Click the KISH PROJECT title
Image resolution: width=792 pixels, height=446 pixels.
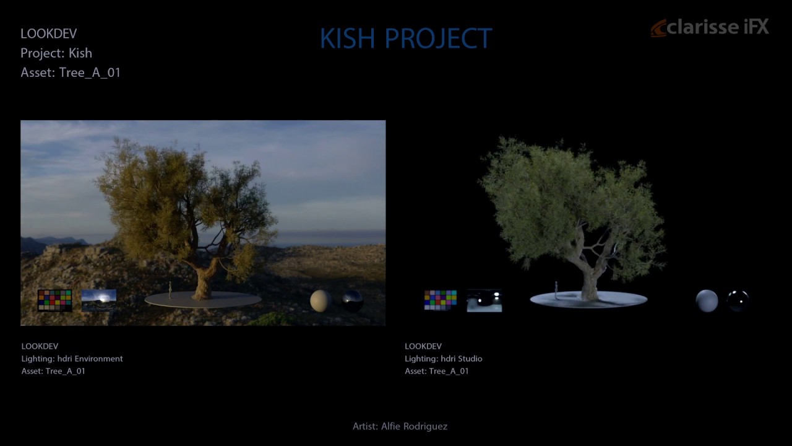click(405, 38)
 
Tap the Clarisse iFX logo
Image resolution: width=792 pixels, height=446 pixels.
click(710, 28)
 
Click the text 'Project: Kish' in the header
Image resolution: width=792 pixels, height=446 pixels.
click(56, 53)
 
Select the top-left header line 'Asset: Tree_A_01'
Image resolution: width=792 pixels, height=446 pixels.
click(71, 72)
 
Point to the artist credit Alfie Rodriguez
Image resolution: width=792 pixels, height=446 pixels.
click(400, 426)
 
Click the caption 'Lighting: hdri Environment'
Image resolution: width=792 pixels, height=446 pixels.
click(72, 359)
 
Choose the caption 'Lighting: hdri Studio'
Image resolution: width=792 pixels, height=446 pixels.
click(443, 359)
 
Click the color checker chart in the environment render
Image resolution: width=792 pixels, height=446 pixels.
click(54, 300)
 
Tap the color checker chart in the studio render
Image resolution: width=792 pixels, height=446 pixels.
click(440, 300)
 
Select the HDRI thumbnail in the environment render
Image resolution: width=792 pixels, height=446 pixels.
click(98, 300)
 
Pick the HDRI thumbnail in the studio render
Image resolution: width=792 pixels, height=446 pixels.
click(484, 300)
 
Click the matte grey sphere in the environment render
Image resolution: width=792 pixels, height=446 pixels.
click(320, 300)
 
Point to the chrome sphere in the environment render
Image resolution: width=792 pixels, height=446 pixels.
click(352, 300)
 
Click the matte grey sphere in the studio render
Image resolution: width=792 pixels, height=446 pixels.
click(707, 300)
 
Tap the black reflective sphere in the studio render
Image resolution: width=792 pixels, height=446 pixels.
click(738, 300)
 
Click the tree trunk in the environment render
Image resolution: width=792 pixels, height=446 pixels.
click(202, 282)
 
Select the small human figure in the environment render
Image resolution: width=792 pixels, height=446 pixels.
click(170, 289)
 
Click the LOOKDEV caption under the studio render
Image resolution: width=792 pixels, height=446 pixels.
click(423, 346)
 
